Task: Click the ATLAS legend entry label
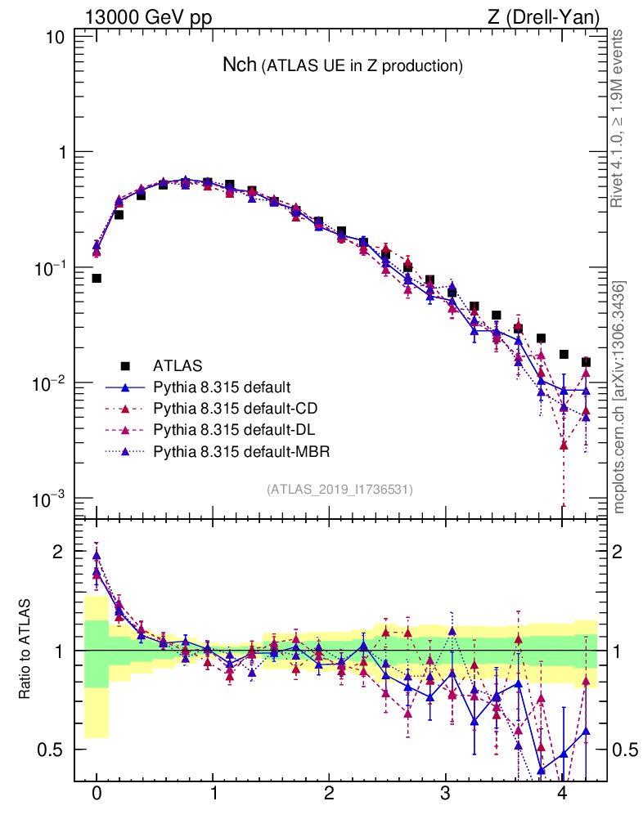click(178, 365)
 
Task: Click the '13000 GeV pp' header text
click(148, 16)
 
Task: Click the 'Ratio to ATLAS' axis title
click(27, 650)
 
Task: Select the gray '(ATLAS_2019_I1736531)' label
click(339, 489)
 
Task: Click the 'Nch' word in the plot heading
click(240, 65)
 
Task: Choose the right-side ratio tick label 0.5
click(625, 750)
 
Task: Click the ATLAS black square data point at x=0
click(97, 278)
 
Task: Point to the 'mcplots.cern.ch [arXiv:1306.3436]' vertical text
click(620, 397)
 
